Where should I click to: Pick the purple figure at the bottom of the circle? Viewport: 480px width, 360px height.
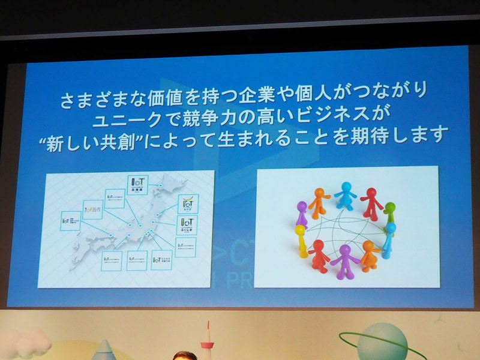[x=344, y=260]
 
